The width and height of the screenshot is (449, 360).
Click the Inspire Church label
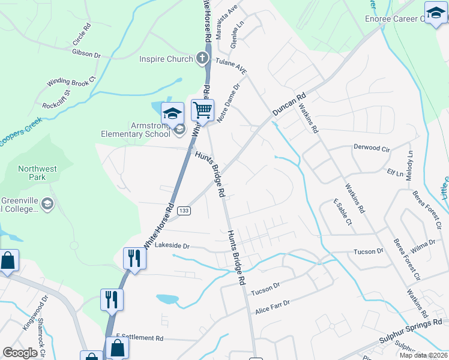[x=166, y=59]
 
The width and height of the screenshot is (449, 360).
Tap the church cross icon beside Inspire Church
[x=202, y=59]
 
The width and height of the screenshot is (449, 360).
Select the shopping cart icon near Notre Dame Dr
[x=203, y=110]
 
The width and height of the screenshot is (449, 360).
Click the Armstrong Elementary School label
[x=134, y=130]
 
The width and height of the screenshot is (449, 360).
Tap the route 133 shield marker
[x=184, y=211]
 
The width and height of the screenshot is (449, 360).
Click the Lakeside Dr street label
[x=172, y=246]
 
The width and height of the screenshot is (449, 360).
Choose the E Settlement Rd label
[x=140, y=338]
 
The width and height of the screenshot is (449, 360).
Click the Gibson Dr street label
[x=86, y=53]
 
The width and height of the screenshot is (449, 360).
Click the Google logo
[x=20, y=353]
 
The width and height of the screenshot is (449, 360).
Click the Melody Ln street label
[x=411, y=162]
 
